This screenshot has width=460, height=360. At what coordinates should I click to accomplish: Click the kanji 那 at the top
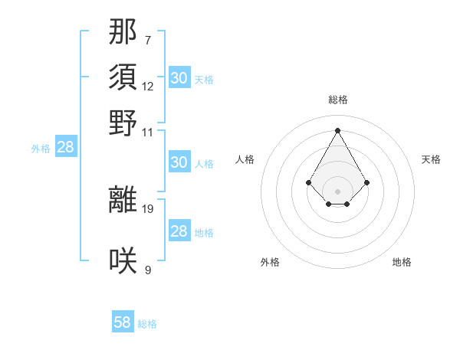(x=123, y=31)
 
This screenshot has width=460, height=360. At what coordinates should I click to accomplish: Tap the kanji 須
(x=123, y=77)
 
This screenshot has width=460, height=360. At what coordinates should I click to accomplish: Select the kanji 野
(x=123, y=123)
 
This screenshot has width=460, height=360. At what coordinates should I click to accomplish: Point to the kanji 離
(x=123, y=200)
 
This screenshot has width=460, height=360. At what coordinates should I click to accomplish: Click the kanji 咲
(x=123, y=260)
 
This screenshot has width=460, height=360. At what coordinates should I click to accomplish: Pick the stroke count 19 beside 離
(x=148, y=208)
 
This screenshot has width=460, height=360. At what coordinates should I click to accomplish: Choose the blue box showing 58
(x=123, y=322)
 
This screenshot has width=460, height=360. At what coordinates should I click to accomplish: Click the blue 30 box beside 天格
(x=179, y=78)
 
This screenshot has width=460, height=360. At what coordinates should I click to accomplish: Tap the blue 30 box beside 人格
(x=179, y=162)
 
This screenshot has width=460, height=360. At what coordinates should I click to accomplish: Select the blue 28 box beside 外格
(x=66, y=147)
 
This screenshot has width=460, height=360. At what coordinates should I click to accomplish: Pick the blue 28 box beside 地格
(x=179, y=231)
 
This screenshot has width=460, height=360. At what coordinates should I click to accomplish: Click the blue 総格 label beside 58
(x=147, y=324)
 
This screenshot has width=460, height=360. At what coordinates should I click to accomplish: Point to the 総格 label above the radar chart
(x=338, y=100)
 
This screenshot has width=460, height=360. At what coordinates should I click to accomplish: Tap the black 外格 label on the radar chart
(x=270, y=262)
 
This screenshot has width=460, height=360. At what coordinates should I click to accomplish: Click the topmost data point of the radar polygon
(x=338, y=130)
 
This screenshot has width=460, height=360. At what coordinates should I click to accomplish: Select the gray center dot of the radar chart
(x=338, y=191)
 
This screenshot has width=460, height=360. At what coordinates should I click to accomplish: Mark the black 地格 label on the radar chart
(x=402, y=262)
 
